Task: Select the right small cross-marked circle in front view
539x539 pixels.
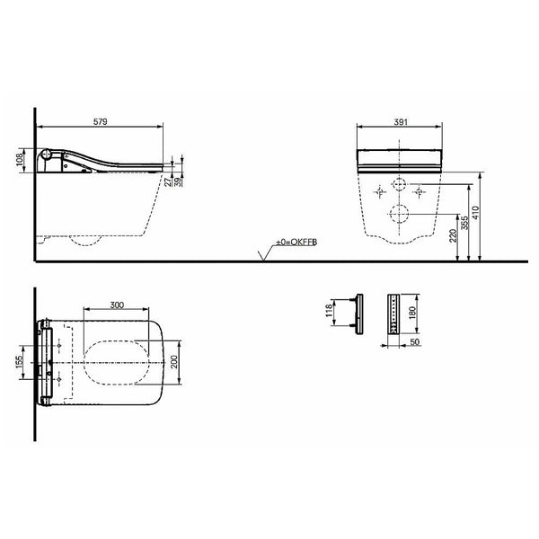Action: (416, 191)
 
